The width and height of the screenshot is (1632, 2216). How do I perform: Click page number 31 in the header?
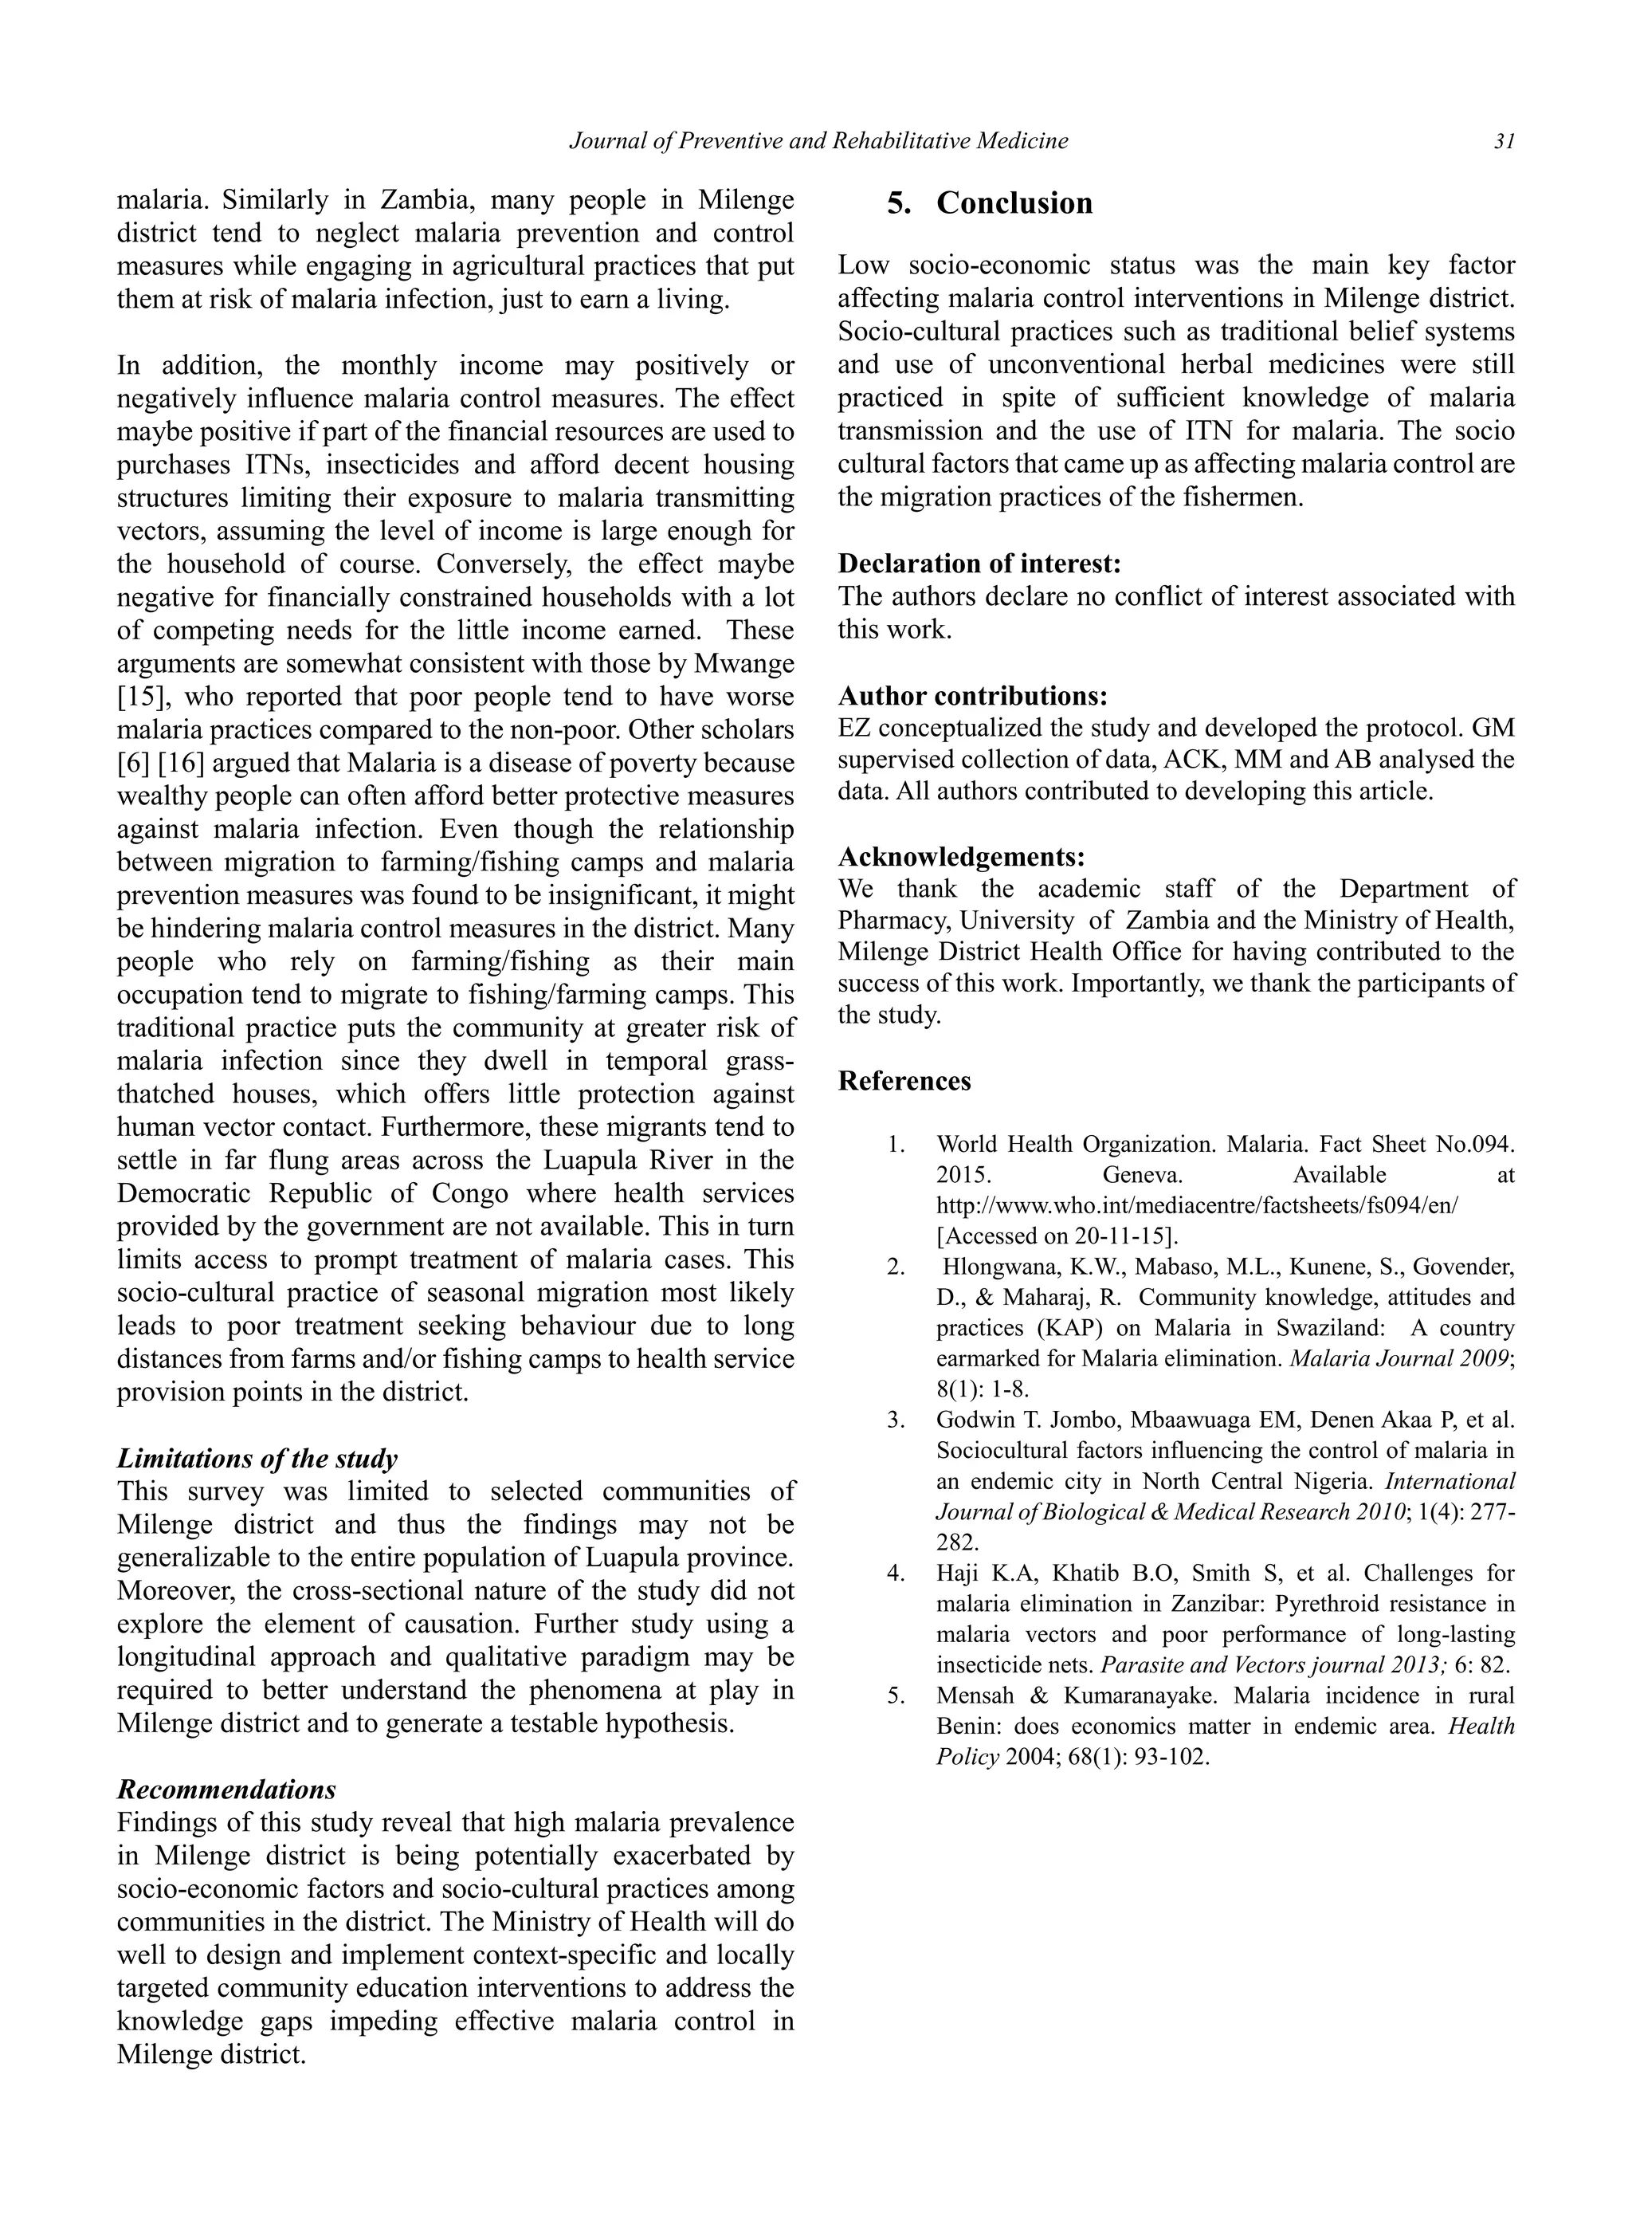tap(1504, 141)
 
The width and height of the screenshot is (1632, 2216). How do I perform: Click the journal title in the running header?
tap(819, 141)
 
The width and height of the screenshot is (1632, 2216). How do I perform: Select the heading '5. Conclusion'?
tap(989, 202)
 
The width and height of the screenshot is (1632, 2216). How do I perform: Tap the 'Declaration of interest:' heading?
tap(979, 564)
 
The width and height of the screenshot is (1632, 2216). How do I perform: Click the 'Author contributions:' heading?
tap(972, 696)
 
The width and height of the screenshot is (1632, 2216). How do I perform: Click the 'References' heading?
tap(904, 1081)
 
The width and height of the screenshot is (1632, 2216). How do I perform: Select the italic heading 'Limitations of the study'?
tap(257, 1458)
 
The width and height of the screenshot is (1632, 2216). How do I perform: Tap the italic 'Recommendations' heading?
tap(226, 1790)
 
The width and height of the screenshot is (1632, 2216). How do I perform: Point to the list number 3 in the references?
tap(895, 1420)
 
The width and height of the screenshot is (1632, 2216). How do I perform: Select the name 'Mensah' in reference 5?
tap(974, 1695)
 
